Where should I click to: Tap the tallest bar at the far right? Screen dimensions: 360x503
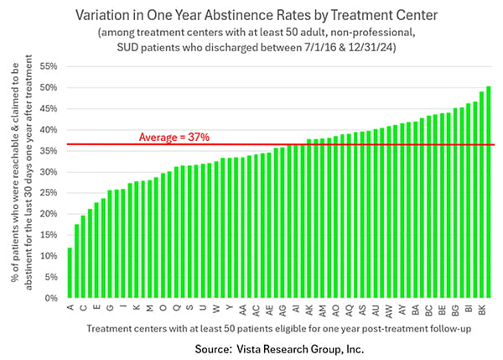(489, 192)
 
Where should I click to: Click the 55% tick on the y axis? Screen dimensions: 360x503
(49, 65)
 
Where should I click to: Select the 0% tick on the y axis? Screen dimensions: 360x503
(51, 298)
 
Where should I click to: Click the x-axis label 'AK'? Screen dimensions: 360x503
(309, 310)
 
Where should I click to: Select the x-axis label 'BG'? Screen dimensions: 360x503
(455, 310)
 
